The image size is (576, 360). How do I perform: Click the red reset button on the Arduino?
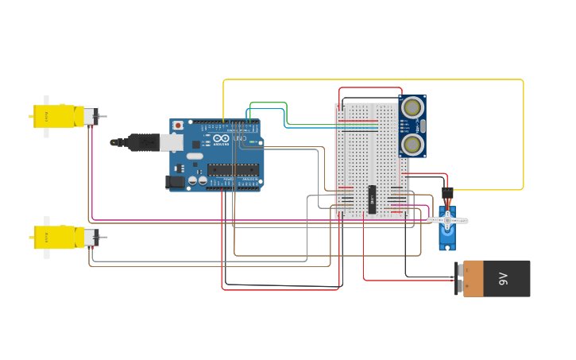[x=178, y=126]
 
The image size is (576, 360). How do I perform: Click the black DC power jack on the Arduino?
[x=176, y=182]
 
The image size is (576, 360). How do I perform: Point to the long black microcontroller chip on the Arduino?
[x=233, y=169]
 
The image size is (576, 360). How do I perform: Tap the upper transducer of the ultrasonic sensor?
[x=412, y=107]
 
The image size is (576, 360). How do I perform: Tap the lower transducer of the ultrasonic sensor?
[x=412, y=144]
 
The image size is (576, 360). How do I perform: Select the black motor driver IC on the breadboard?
[x=372, y=199]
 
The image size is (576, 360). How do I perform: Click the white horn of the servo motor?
[x=447, y=220]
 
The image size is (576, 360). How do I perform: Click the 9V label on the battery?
[x=503, y=278]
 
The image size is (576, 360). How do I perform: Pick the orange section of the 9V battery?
[x=473, y=278]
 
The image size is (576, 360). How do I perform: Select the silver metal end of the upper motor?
[x=91, y=116]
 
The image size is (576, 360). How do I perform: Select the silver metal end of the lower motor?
[x=91, y=237]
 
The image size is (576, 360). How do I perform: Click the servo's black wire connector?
[x=447, y=193]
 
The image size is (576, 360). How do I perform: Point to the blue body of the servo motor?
[x=446, y=235]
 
